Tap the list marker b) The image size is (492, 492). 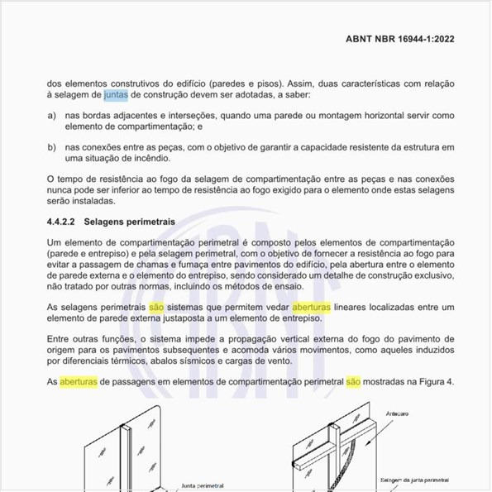point(52,147)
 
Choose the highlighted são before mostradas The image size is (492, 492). point(353,382)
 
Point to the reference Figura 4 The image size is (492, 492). point(435,382)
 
